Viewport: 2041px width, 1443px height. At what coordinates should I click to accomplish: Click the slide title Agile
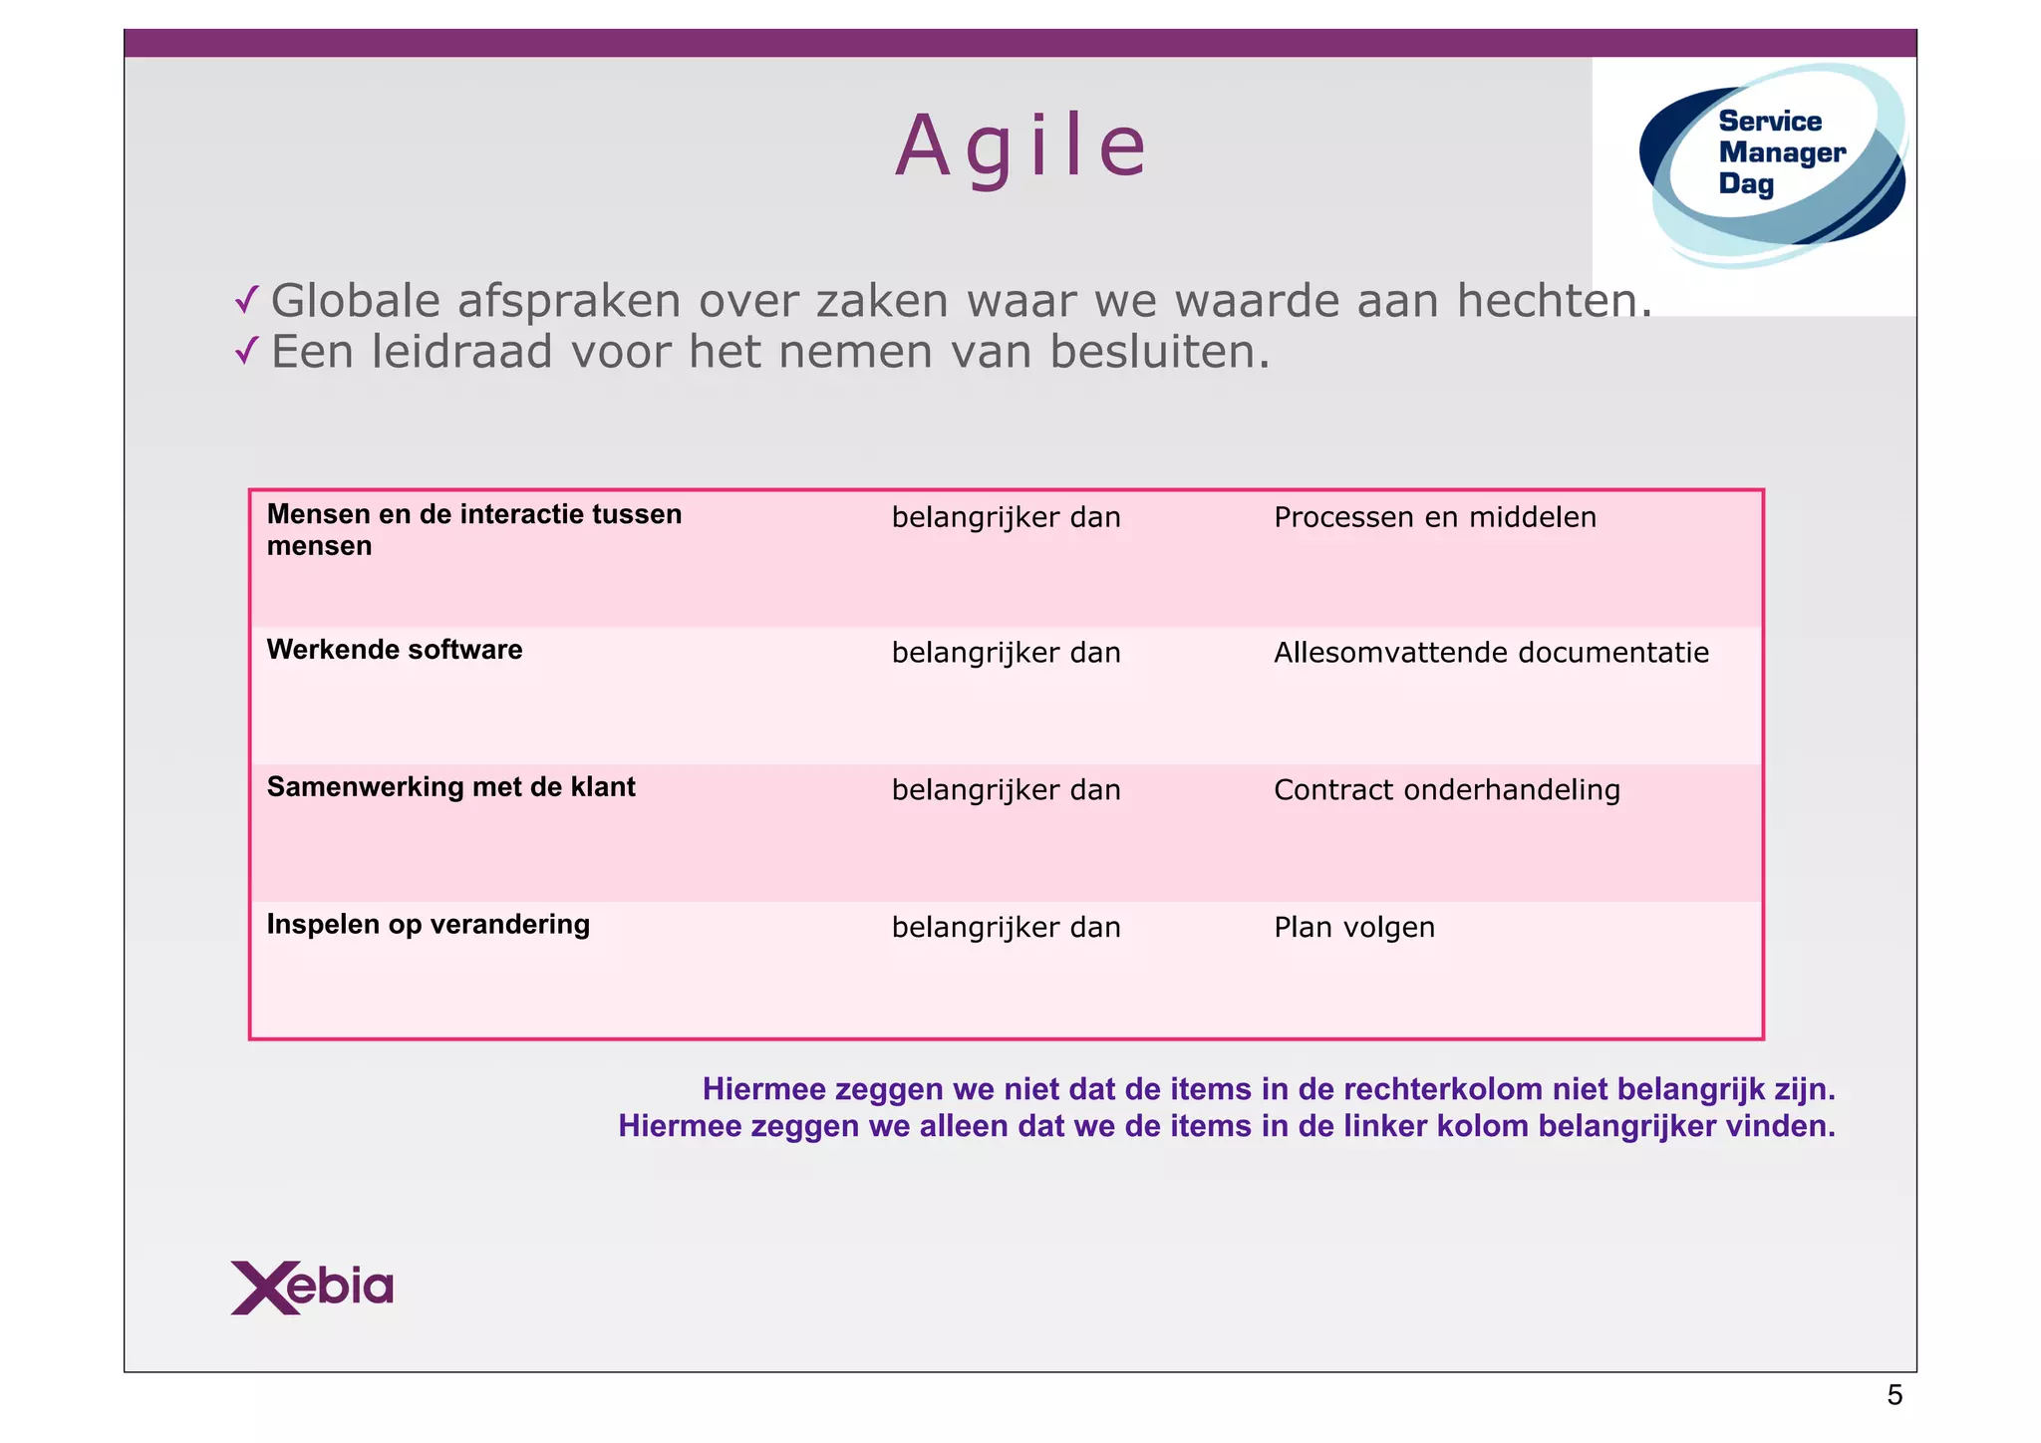[x=1021, y=147]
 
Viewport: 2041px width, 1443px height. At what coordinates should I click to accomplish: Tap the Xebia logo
[x=312, y=1288]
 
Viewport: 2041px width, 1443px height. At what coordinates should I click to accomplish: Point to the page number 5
[x=1895, y=1396]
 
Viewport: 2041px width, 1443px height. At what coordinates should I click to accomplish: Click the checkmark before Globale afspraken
[x=247, y=300]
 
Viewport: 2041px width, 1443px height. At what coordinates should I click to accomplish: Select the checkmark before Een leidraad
[x=247, y=351]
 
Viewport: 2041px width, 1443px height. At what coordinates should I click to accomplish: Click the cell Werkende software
[x=395, y=650]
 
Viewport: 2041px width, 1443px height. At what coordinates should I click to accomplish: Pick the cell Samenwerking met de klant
[x=450, y=787]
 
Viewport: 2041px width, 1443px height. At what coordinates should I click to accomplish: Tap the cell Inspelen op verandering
[x=428, y=925]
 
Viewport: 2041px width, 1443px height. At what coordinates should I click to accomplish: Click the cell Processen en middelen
[x=1435, y=517]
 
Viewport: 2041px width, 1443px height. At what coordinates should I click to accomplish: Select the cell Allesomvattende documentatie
[x=1491, y=653]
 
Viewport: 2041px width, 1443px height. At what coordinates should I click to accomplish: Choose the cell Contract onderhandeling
[x=1447, y=790]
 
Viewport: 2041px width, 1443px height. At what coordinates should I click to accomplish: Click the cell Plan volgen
[x=1354, y=928]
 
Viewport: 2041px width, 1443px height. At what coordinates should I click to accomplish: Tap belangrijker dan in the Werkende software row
[x=1006, y=653]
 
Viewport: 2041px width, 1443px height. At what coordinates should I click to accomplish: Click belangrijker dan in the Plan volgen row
[x=1006, y=928]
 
